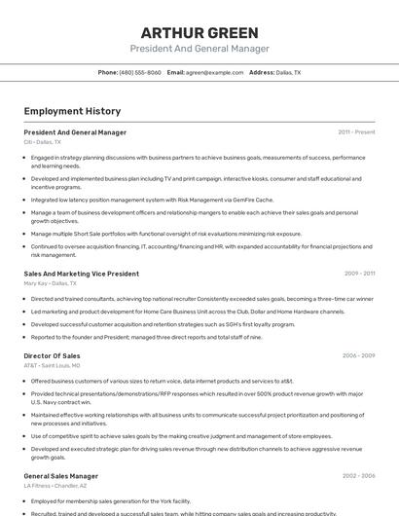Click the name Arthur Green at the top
tap(199, 33)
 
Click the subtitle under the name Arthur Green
tap(199, 49)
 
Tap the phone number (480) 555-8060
tap(140, 72)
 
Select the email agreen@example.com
tap(214, 72)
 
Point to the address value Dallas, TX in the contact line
tap(288, 72)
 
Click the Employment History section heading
tap(72, 111)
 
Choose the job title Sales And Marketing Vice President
tap(81, 274)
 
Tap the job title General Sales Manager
tap(61, 476)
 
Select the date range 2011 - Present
tap(356, 131)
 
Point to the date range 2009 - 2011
tap(359, 274)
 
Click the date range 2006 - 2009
tap(358, 356)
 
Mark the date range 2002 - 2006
tap(358, 476)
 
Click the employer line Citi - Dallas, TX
tap(42, 142)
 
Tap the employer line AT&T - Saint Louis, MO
tap(52, 366)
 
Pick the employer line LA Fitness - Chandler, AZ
tap(55, 486)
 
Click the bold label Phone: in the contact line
tap(108, 72)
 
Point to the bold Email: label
tap(175, 72)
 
